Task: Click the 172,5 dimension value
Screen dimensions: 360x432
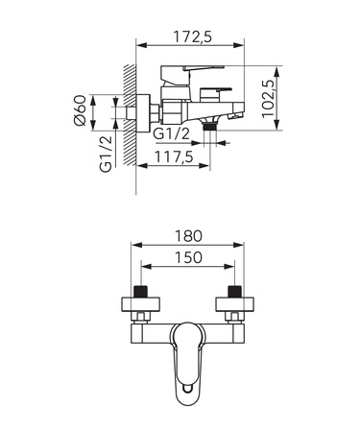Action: coord(193,36)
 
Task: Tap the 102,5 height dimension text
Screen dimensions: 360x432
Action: coord(268,99)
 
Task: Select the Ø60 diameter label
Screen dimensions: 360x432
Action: coord(80,110)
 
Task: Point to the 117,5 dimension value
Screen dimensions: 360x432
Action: coord(174,156)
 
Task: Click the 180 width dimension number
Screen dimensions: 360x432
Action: coord(188,236)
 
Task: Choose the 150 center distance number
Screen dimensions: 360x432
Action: coord(188,257)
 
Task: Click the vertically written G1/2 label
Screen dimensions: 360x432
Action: coord(106,154)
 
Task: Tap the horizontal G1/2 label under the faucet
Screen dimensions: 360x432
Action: coord(172,133)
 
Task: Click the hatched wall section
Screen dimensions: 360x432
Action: coord(130,115)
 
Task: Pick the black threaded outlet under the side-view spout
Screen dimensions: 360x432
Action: coord(210,127)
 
